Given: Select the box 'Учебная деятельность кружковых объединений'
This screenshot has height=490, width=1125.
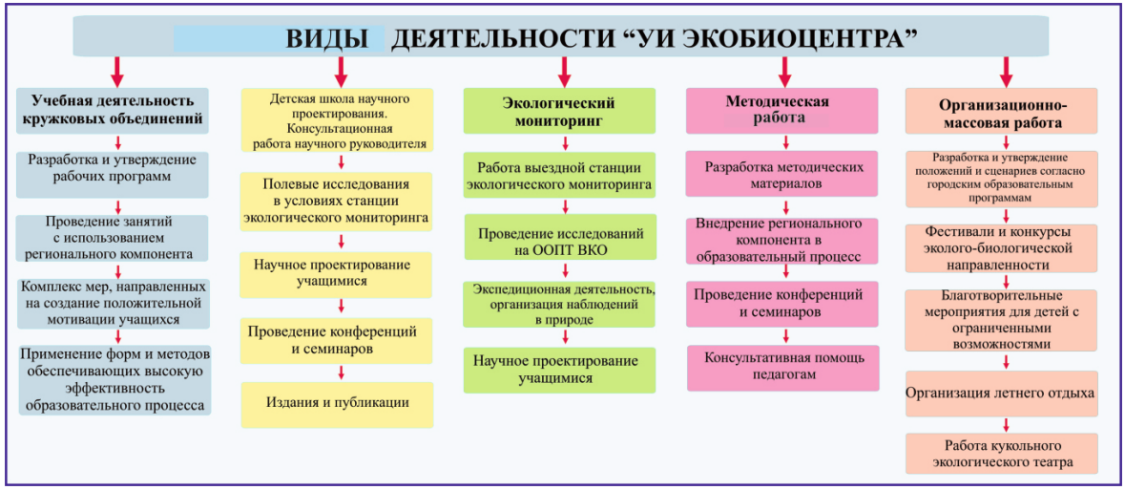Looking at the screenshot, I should (x=113, y=111).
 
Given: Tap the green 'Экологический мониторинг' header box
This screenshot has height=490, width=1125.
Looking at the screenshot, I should (x=559, y=111).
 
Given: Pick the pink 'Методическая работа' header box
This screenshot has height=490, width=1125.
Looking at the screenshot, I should (x=781, y=110).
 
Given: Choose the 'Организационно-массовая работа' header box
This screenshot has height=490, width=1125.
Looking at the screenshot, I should (x=1001, y=112).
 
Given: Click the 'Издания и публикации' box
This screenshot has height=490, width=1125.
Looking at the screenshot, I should (x=337, y=403).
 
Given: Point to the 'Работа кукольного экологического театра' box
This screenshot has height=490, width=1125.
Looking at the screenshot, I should (x=1001, y=454).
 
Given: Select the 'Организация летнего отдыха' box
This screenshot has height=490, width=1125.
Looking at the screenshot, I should (x=1001, y=393).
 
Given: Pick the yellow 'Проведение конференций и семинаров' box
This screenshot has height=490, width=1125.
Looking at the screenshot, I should (x=337, y=340).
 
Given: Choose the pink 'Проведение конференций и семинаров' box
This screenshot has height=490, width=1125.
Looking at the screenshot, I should (x=782, y=302).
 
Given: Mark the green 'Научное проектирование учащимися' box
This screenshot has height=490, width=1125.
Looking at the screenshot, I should (x=560, y=369).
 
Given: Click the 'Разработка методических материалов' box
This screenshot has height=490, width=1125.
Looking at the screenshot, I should (x=782, y=174).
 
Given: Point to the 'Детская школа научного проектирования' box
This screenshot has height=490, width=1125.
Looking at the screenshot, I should (x=337, y=121).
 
